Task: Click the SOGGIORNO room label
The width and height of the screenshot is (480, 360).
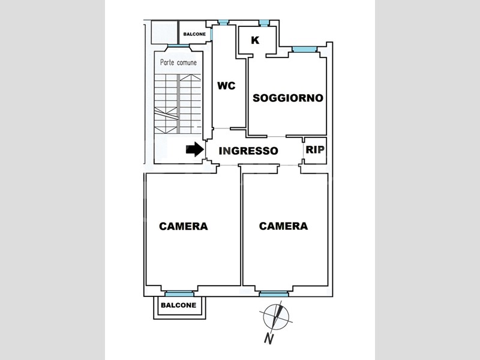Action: [x=288, y=98]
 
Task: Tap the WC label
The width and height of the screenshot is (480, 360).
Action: [x=226, y=86]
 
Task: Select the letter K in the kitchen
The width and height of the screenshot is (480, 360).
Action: [x=255, y=40]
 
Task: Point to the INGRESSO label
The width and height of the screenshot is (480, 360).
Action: [x=248, y=151]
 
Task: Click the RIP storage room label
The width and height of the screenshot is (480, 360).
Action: [x=315, y=149]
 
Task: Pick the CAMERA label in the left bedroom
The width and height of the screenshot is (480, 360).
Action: [x=184, y=226]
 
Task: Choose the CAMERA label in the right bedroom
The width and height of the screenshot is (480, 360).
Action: [x=283, y=226]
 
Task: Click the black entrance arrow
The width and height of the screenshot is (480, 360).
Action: [x=195, y=149]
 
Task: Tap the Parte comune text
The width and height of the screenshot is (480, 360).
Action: [x=178, y=62]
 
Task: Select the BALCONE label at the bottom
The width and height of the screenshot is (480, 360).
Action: [x=178, y=305]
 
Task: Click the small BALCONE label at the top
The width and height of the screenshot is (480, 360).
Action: [x=194, y=34]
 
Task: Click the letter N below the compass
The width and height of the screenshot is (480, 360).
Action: [x=269, y=338]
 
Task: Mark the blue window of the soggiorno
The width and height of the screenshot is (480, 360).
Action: [x=304, y=49]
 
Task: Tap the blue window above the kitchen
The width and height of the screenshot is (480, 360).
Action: [x=263, y=23]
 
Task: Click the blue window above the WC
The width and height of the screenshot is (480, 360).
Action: [x=223, y=22]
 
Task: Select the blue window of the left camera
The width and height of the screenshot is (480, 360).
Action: [x=179, y=294]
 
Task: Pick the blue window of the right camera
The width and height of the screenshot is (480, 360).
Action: [x=274, y=294]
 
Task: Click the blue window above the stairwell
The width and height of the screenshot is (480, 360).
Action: [x=178, y=46]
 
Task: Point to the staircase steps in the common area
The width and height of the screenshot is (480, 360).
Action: [x=178, y=104]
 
